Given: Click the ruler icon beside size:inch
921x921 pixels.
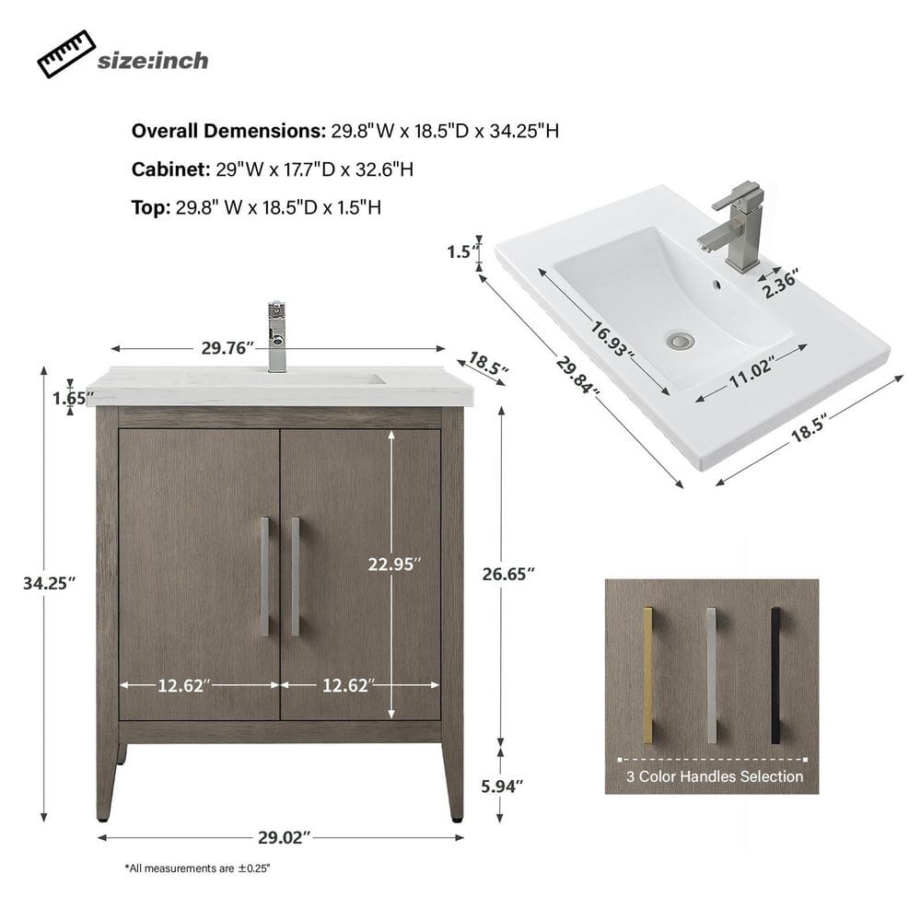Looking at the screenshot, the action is click(66, 54).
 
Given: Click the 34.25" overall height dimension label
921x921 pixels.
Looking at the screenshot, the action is click(50, 583).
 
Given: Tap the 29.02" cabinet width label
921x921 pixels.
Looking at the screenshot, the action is click(285, 837).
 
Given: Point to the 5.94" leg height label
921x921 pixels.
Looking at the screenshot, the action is click(502, 786).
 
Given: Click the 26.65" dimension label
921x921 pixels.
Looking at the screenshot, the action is click(508, 574).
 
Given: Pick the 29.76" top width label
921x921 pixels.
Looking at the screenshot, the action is click(227, 348).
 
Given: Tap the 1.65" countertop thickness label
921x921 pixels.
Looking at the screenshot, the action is click(73, 398).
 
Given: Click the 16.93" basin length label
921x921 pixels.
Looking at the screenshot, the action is click(612, 340).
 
